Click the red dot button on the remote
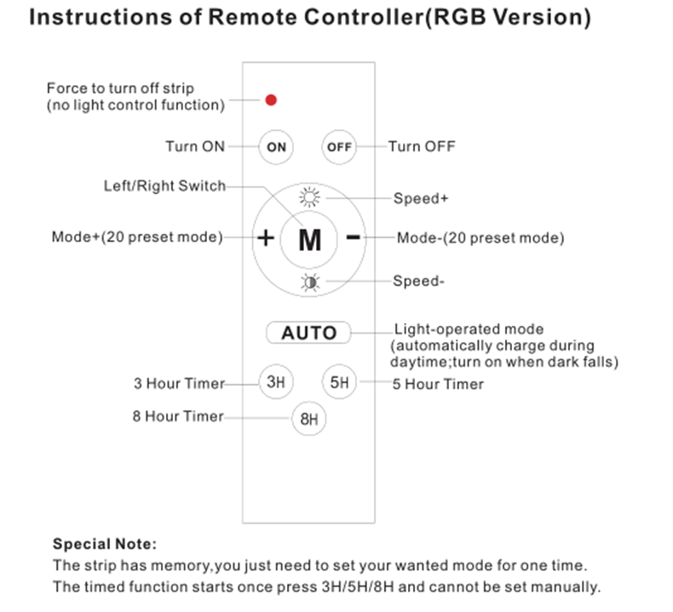(270, 100)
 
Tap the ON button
(276, 146)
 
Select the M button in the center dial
(310, 240)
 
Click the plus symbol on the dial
(266, 238)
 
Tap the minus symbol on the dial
(353, 237)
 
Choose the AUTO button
(308, 332)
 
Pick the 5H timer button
(339, 382)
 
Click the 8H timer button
(308, 419)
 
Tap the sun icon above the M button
(308, 197)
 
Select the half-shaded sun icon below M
(308, 283)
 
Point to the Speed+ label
(421, 199)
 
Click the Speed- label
(418, 282)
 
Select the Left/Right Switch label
(164, 186)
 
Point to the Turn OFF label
(422, 146)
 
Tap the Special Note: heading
(105, 543)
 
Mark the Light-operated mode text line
(469, 329)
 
